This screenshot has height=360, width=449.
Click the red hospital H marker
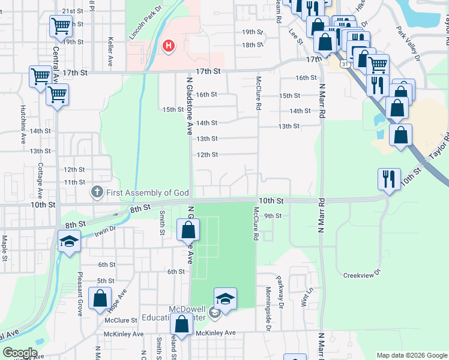[x=169, y=46]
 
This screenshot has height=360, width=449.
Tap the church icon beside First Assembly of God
[x=97, y=193]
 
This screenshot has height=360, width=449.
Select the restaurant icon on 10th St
[x=389, y=179]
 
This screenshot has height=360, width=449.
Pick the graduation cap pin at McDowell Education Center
[x=225, y=299]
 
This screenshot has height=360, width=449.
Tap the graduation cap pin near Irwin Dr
[x=69, y=242]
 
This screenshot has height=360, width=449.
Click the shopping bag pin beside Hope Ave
[x=100, y=298]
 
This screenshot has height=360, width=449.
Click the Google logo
[x=20, y=353]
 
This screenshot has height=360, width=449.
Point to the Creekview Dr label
[x=358, y=275]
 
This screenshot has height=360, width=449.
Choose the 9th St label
[x=273, y=216]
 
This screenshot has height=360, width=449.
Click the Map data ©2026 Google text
[x=411, y=355]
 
